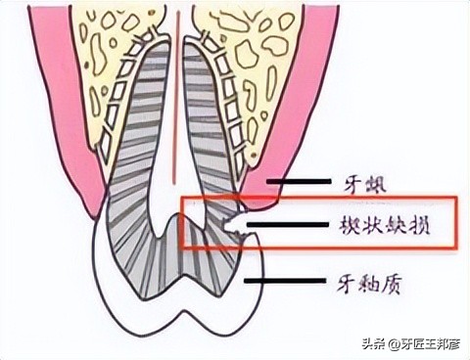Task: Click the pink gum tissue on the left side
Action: coord(49,147)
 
